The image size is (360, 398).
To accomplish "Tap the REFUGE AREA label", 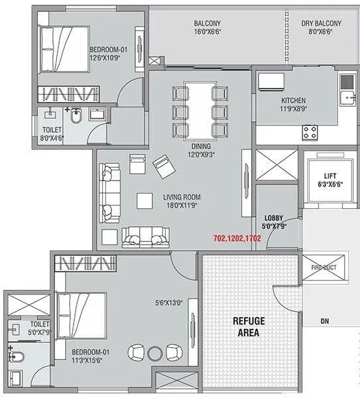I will pos(249,328).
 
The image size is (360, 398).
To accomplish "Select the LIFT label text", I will pos(330,176).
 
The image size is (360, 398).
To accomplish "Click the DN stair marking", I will pos(324,321).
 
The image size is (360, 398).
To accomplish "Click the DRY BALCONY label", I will pos(321,24).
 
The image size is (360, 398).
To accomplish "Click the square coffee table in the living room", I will pos(145,200).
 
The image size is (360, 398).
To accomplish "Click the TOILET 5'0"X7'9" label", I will pos(38,328).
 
